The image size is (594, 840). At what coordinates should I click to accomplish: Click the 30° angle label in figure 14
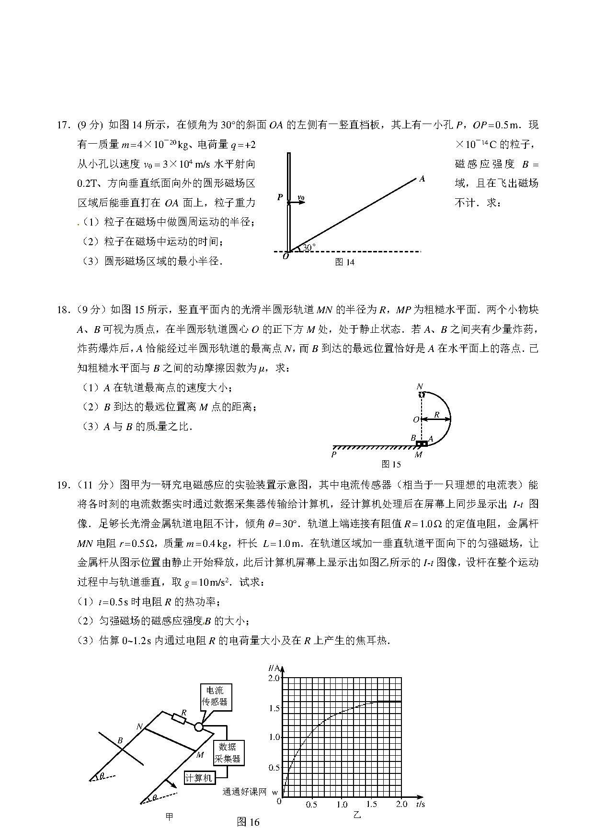309,248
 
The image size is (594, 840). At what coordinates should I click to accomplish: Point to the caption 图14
345,262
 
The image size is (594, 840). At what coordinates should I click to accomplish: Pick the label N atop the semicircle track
420,386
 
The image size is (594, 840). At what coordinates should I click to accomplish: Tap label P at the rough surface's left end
334,454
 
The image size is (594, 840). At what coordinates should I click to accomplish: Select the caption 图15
391,464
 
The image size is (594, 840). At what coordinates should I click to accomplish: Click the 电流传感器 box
215,697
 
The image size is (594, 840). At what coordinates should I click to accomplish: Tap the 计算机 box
198,778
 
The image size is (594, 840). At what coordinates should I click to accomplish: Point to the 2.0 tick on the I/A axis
274,678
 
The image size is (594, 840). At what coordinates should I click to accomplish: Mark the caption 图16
248,822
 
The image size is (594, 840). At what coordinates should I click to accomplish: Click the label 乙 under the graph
357,815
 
